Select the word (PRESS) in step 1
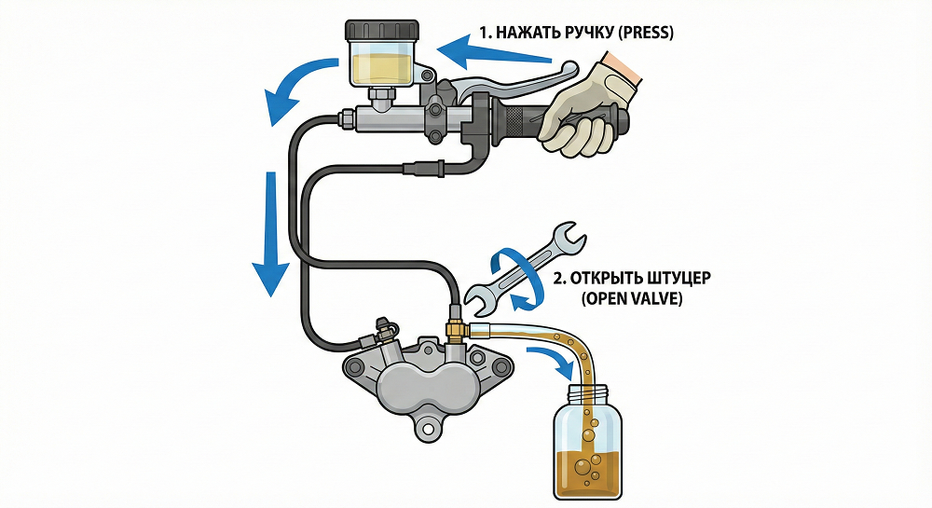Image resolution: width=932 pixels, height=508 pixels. tap(645, 32)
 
